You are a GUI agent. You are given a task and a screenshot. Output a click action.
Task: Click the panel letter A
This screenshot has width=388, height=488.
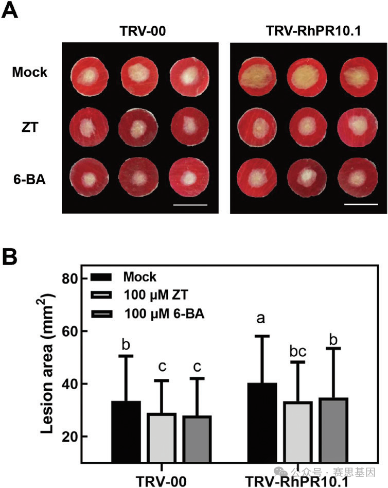point(11,11)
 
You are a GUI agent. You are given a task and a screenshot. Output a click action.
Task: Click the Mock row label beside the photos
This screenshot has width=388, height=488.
point(30,72)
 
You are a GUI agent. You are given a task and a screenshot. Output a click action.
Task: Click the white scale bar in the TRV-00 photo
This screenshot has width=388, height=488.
point(190,204)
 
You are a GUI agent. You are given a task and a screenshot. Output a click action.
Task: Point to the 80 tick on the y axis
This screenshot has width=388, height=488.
point(68,278)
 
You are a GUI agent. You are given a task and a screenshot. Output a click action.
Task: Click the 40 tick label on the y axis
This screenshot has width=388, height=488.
point(68,384)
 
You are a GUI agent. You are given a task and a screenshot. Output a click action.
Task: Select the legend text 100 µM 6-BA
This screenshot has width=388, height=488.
point(164,312)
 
